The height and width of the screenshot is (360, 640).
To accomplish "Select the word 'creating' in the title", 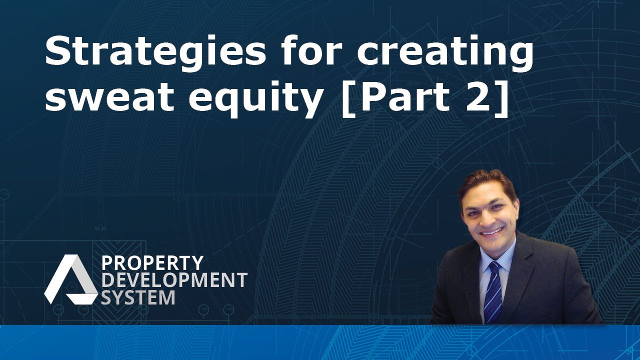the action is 444,53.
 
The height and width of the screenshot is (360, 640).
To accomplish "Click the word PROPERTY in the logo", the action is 152,263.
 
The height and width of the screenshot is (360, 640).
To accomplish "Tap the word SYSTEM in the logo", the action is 138,297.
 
